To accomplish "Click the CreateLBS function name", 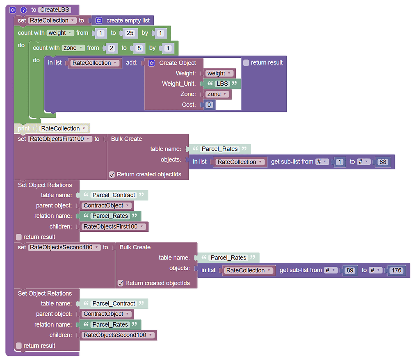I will tap(55, 10).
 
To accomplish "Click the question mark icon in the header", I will tap(23, 10).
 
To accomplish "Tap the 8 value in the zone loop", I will tap(139, 48).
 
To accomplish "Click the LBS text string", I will tap(222, 84).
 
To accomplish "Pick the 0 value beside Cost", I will tap(209, 105).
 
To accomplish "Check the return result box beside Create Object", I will tap(246, 63).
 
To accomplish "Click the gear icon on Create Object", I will tap(152, 63).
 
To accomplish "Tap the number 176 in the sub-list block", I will tap(396, 271).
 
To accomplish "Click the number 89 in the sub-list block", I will tap(349, 271).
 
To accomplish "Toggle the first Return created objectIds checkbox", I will tap(112, 175).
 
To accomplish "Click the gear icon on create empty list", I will tap(98, 21).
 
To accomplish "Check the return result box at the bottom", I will tap(19, 346).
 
